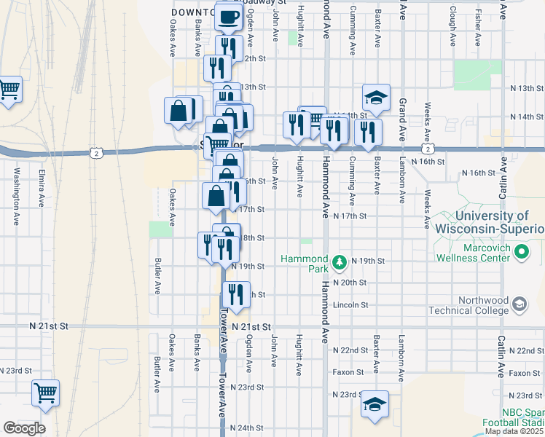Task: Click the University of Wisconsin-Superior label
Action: coord(490,222)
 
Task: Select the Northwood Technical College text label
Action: coord(481,305)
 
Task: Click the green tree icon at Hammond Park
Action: coord(338,261)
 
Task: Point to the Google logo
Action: coord(24,428)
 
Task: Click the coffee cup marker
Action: coord(229,17)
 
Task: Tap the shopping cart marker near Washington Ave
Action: coord(9,90)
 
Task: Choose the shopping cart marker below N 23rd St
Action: coord(46,393)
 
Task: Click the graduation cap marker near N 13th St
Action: coord(376,98)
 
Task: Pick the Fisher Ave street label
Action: coord(478,26)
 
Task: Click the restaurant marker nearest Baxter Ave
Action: coord(368,131)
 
